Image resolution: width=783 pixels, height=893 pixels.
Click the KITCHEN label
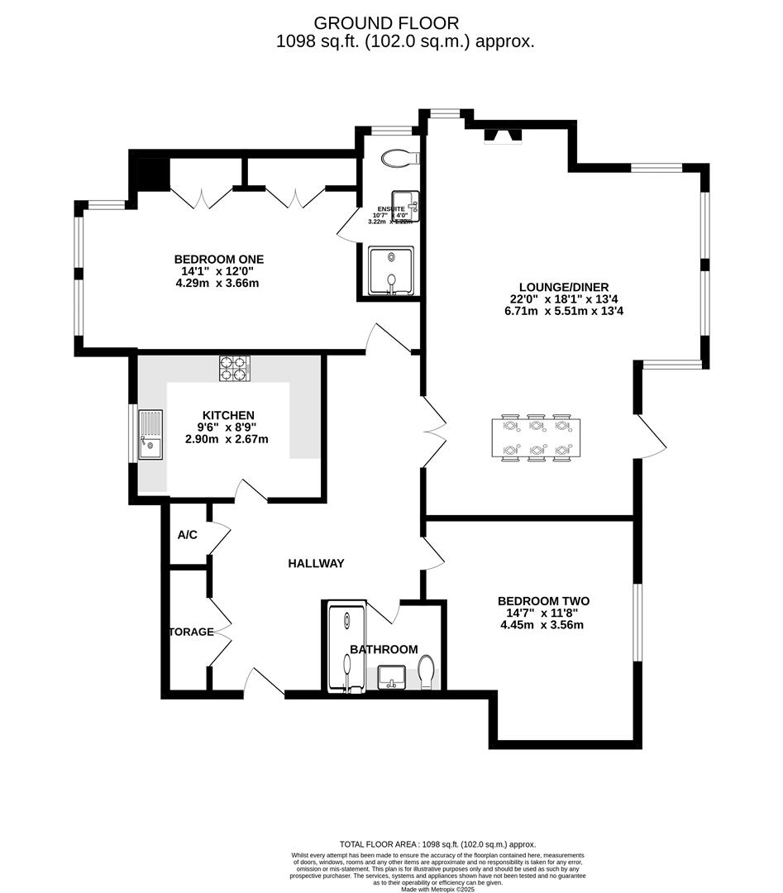point(227,415)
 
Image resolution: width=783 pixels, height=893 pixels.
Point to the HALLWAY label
point(315,563)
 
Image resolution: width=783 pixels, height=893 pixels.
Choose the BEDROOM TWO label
point(542,601)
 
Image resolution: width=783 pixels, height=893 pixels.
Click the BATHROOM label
point(383,650)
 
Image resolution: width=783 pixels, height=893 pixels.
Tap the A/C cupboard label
point(188,535)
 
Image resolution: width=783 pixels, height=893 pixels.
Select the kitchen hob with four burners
point(235,368)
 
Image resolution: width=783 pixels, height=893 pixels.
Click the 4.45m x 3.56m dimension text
point(542,625)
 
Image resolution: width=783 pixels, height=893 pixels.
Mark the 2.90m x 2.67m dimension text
point(227,439)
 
